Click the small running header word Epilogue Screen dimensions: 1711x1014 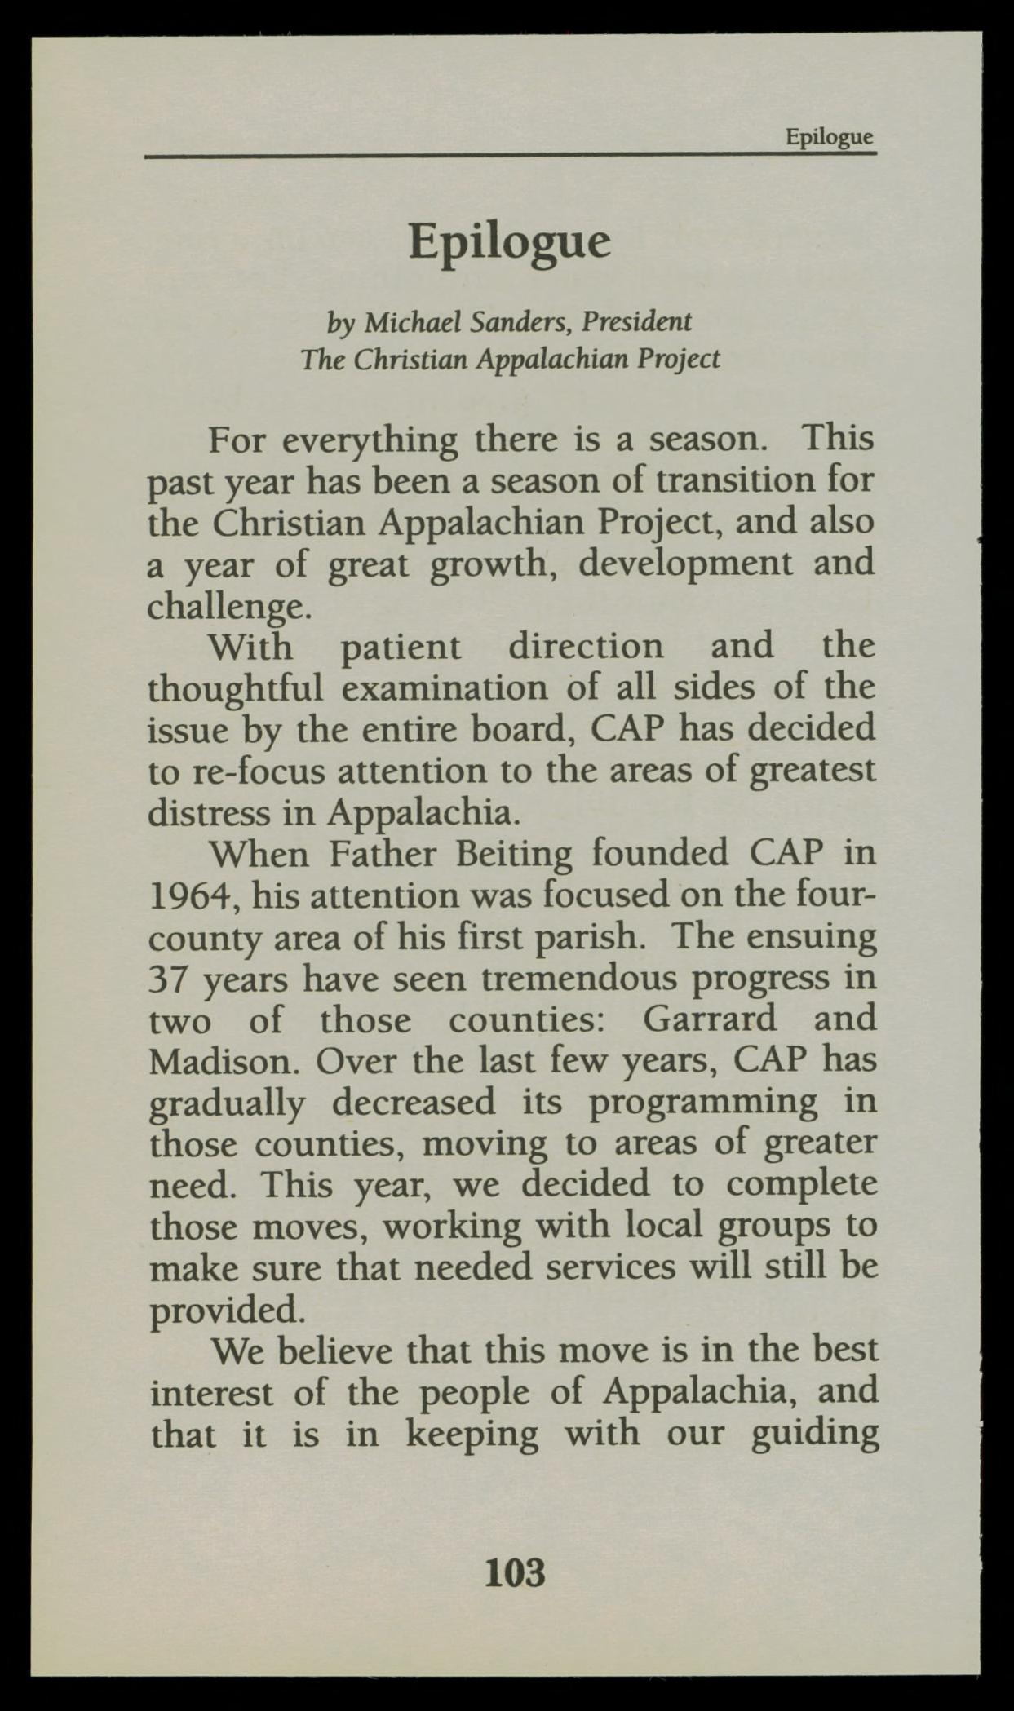click(829, 136)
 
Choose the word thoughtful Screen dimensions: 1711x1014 click(236, 688)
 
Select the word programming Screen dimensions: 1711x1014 click(702, 1102)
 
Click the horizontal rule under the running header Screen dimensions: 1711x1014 click(510, 154)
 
